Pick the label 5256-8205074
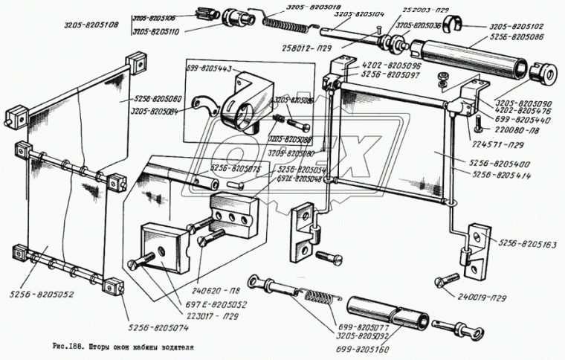(x=157, y=325)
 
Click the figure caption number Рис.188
(x=68, y=347)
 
